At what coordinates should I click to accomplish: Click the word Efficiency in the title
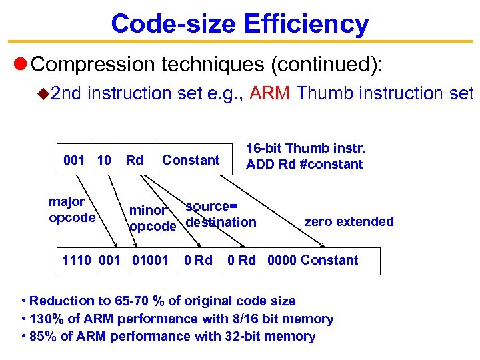pyautogui.click(x=307, y=24)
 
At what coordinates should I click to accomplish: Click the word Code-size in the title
pyautogui.click(x=173, y=24)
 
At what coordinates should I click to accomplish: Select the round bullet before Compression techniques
pyautogui.click(x=20, y=65)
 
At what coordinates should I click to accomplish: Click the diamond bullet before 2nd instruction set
pyautogui.click(x=43, y=94)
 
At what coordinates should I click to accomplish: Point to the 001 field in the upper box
pyautogui.click(x=74, y=160)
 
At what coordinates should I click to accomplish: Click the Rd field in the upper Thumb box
pyautogui.click(x=135, y=160)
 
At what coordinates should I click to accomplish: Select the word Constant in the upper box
pyautogui.click(x=191, y=160)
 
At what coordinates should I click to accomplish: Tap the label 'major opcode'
pyautogui.click(x=71, y=209)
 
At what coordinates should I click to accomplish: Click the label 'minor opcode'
pyautogui.click(x=152, y=218)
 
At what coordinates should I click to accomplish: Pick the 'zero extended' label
pyautogui.click(x=349, y=221)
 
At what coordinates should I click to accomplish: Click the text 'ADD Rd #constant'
pyautogui.click(x=305, y=165)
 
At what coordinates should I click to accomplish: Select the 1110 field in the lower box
pyautogui.click(x=77, y=260)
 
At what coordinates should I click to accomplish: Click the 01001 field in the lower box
pyautogui.click(x=151, y=260)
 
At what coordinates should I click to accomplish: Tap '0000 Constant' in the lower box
pyautogui.click(x=313, y=260)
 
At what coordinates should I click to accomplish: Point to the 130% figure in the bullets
pyautogui.click(x=46, y=319)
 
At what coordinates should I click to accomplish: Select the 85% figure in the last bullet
pyautogui.click(x=43, y=336)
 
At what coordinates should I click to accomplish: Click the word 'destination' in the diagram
pyautogui.click(x=221, y=222)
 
